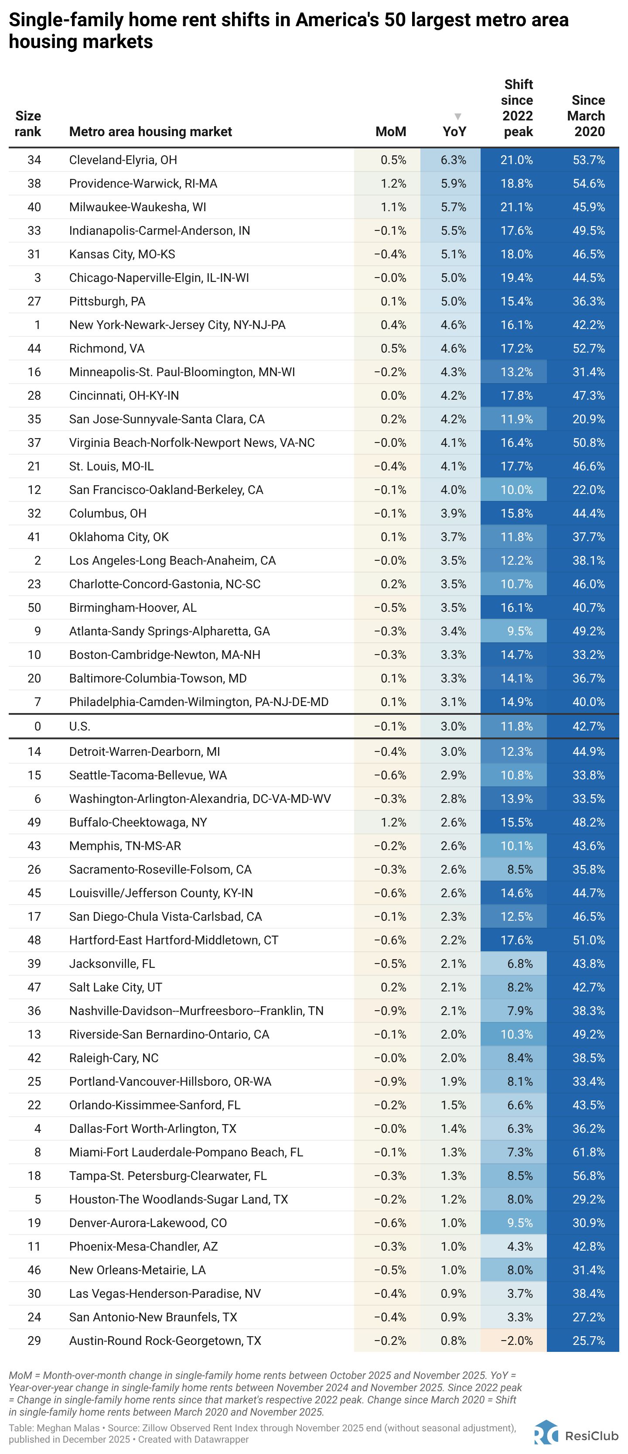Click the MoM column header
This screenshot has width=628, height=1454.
(390, 131)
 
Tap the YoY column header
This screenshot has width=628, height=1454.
(454, 131)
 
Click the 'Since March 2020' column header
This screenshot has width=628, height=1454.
(587, 116)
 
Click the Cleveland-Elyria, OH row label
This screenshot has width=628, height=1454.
(123, 160)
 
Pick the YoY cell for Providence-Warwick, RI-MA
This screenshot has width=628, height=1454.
(453, 183)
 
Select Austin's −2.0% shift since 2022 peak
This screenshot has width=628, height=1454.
(516, 1341)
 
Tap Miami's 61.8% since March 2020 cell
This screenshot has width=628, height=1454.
(588, 1152)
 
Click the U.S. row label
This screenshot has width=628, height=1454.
(79, 727)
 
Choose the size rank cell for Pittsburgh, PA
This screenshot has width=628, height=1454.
(34, 302)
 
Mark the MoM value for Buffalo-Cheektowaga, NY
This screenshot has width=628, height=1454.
(393, 823)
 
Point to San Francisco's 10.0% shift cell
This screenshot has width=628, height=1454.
(516, 490)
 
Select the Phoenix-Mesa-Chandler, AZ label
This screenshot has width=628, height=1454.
(143, 1246)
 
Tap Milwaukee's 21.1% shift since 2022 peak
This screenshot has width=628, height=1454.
(516, 207)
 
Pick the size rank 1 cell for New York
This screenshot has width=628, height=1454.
(37, 325)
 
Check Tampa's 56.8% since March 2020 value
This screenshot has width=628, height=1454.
(588, 1176)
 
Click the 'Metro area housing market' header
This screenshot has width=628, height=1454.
(150, 131)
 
